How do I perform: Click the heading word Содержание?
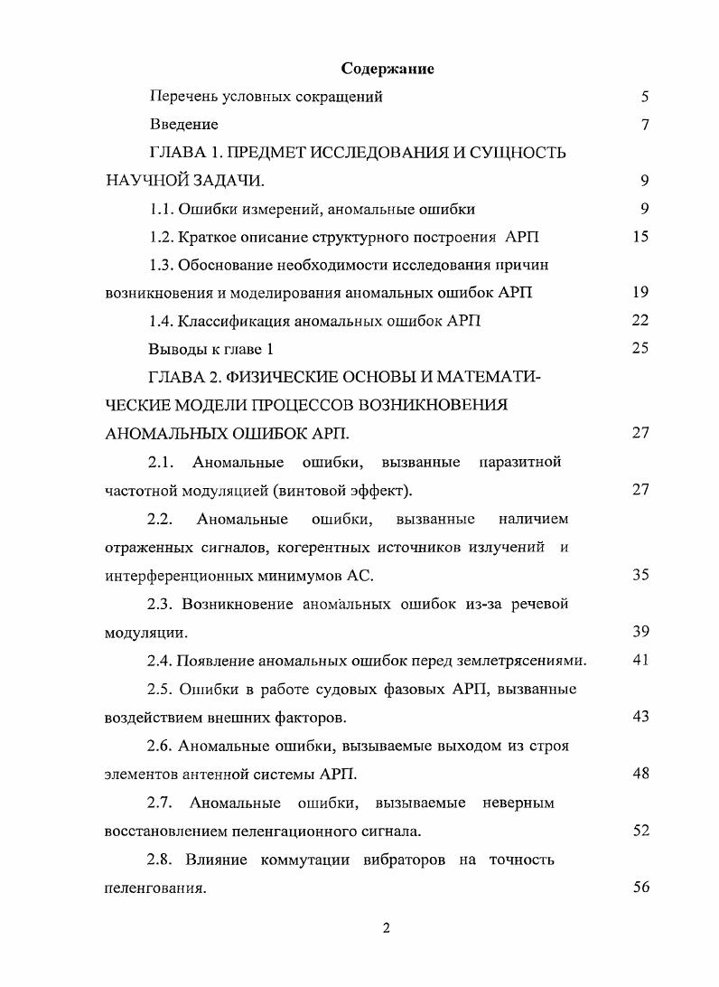point(388,69)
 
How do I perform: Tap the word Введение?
point(183,125)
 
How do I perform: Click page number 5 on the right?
point(644,97)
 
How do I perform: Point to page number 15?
point(640,237)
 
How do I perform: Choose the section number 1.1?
point(161,209)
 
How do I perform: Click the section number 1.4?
point(161,321)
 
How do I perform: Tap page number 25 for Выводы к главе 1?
point(640,348)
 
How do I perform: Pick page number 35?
point(640,575)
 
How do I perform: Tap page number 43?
point(640,717)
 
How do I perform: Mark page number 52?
point(640,831)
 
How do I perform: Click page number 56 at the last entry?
point(640,888)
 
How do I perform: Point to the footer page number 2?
point(386,930)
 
